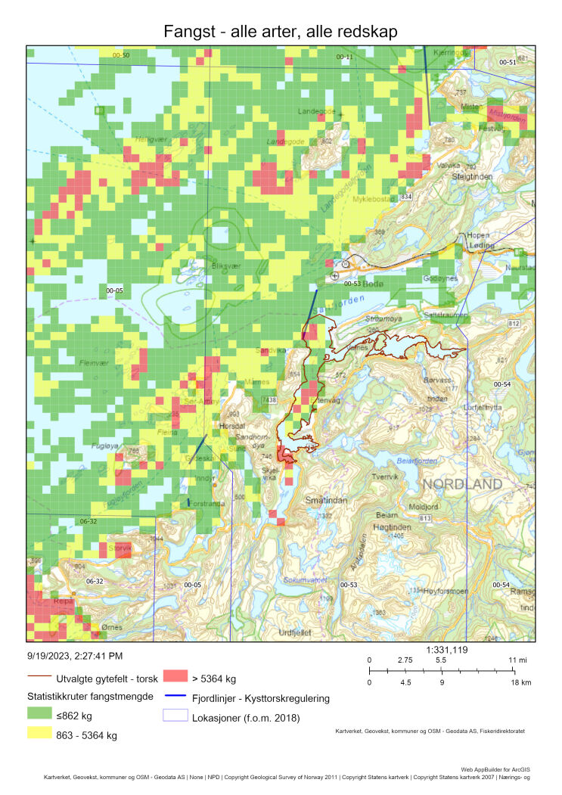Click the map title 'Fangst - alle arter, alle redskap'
coord(281,31)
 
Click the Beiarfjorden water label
coord(417,459)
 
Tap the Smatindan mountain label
coord(326,500)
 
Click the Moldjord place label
coord(423,506)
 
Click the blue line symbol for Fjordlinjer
coord(176,697)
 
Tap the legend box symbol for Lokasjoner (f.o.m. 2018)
coord(176,718)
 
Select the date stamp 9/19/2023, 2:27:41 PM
coord(74,656)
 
